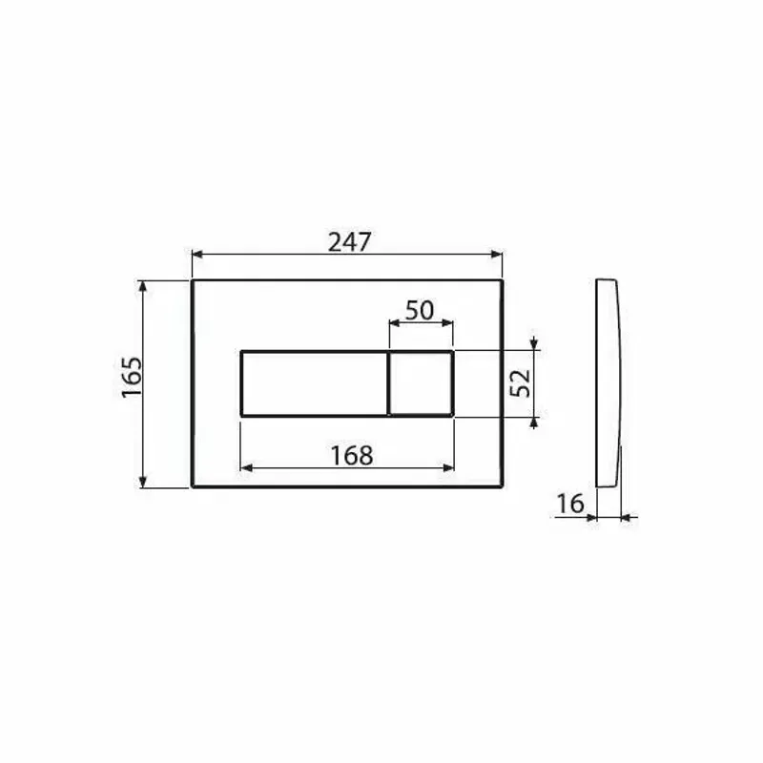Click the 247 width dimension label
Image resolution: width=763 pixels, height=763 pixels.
349,242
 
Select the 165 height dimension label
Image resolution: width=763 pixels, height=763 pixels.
132,377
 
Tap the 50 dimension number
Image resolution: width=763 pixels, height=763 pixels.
419,311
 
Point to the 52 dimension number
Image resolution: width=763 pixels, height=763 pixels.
521,383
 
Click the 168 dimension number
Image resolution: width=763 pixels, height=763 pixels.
352,456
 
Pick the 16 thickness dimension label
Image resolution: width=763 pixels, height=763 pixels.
569,504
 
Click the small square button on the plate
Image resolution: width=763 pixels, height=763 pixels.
422,383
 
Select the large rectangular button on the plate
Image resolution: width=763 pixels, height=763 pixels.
315,383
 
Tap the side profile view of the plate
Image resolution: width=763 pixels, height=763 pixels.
608,383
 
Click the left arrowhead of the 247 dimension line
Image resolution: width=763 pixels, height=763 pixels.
197,254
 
